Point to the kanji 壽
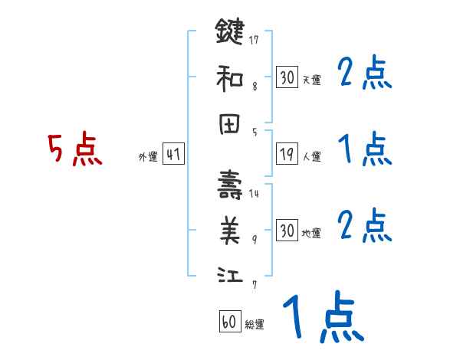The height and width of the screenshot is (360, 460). click(230, 185)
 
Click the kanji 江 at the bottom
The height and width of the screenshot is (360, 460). click(230, 274)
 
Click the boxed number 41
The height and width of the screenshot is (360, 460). click(172, 155)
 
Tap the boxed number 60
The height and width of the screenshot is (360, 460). click(229, 322)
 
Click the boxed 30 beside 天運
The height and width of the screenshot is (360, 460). click(287, 77)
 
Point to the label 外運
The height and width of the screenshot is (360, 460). click(147, 157)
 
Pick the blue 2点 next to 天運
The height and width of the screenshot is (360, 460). click(365, 74)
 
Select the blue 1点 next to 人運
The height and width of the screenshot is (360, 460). click(365, 149)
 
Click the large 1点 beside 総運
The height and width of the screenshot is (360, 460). click(323, 319)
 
